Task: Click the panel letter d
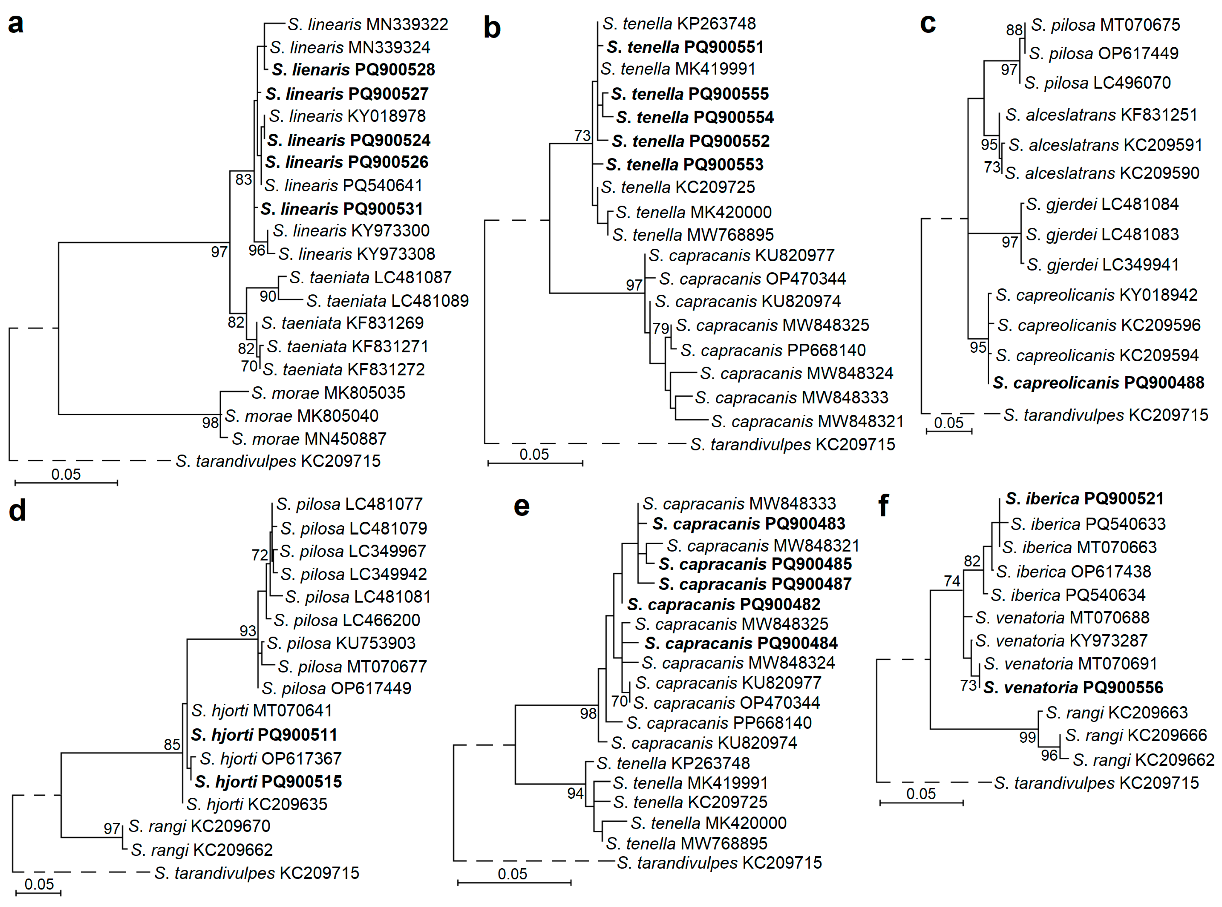coord(18,511)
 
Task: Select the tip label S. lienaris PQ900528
coord(353,70)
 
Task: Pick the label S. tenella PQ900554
coord(694,118)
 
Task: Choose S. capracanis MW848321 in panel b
coord(807,422)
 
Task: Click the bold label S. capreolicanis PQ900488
coord(1098,383)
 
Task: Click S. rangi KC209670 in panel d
coord(199,826)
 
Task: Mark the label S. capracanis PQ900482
coord(724,604)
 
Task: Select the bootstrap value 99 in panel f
coord(1027,737)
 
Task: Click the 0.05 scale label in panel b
coord(534,455)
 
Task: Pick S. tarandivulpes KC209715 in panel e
coord(719,863)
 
